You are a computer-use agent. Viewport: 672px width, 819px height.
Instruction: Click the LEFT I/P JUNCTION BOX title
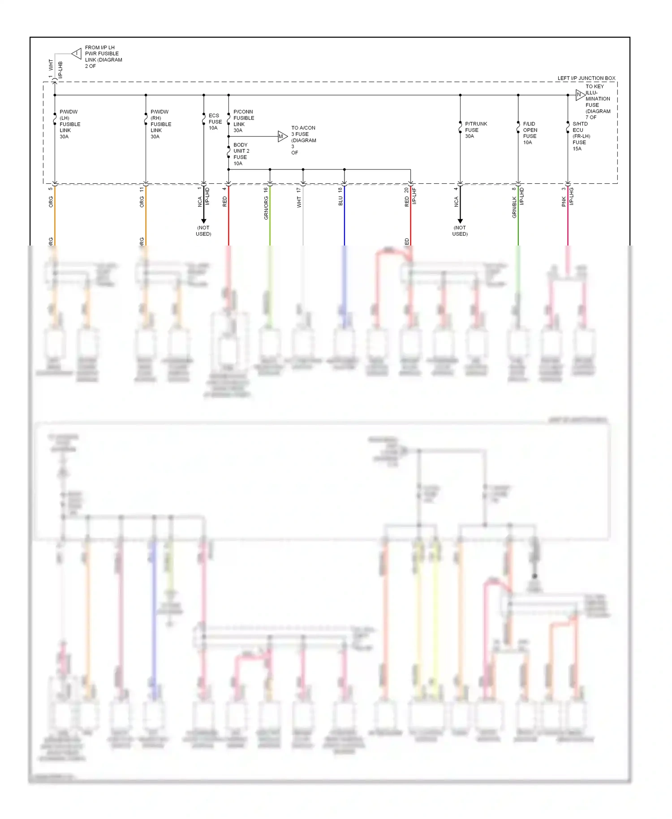tap(586, 78)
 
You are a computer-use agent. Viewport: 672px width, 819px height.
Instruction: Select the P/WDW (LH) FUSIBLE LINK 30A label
tap(70, 124)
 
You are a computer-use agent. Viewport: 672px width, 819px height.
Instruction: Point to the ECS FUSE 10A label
tap(215, 121)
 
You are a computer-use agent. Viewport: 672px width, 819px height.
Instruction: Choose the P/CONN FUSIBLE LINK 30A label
tap(243, 121)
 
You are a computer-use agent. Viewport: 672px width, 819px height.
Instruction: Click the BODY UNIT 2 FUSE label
tap(241, 154)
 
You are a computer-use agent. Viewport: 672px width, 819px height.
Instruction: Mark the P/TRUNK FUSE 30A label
tap(476, 130)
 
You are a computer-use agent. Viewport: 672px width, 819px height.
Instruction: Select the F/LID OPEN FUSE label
tap(530, 133)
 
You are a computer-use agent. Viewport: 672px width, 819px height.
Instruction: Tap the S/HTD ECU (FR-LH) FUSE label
tap(581, 136)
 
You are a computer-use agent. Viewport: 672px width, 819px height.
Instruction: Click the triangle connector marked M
tap(282, 136)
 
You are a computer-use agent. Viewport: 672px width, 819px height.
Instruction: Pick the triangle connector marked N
tap(580, 95)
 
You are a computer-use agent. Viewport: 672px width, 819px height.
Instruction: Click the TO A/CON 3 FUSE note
tap(303, 140)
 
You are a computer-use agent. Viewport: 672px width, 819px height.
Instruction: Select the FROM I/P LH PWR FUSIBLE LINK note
tap(103, 56)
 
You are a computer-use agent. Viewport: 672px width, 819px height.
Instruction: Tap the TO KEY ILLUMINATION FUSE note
tap(598, 102)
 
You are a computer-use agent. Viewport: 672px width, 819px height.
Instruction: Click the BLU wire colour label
tap(340, 200)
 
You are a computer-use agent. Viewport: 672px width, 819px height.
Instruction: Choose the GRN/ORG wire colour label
tap(266, 207)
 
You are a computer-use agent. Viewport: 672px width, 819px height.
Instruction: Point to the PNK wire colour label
tap(564, 202)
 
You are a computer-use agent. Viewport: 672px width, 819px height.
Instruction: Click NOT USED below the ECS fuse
tap(203, 231)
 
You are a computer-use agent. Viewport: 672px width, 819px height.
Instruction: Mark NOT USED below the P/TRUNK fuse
tap(460, 231)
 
